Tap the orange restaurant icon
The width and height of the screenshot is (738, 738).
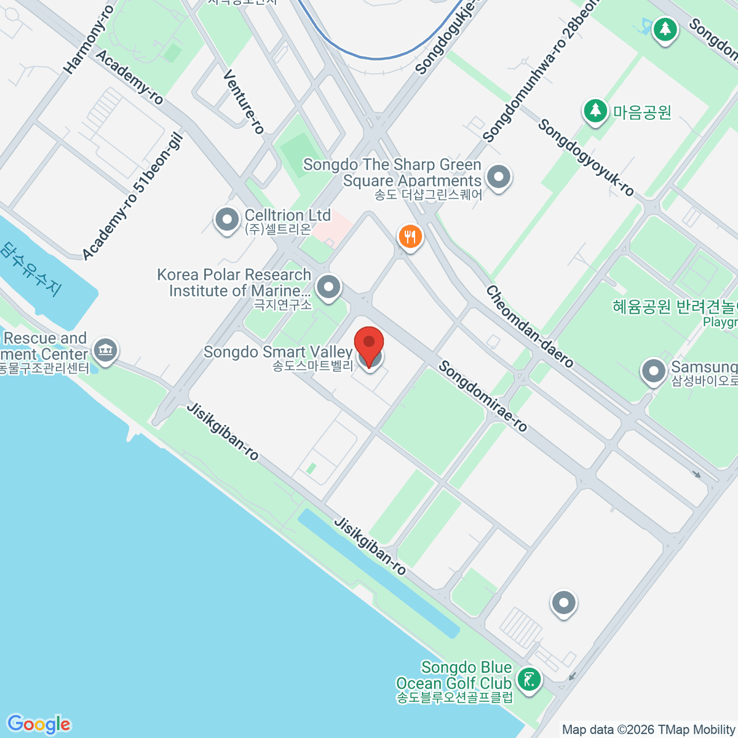[410, 237]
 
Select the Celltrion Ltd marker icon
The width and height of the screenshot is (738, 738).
[227, 220]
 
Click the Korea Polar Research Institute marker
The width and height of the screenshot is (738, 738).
[329, 287]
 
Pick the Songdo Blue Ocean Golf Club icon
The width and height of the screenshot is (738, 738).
[529, 680]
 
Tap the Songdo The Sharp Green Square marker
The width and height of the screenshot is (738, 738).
[499, 178]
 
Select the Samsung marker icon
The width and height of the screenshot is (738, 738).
[653, 371]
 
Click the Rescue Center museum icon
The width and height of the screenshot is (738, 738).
[106, 351]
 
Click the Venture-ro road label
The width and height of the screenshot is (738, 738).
[244, 101]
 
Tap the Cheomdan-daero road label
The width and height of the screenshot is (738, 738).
[530, 327]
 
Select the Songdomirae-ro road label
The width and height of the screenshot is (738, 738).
[483, 397]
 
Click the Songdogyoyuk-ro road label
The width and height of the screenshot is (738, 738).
[585, 157]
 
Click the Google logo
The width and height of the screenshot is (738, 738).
[38, 724]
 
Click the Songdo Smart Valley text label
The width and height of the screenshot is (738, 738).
[277, 352]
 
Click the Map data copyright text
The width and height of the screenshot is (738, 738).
[649, 730]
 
